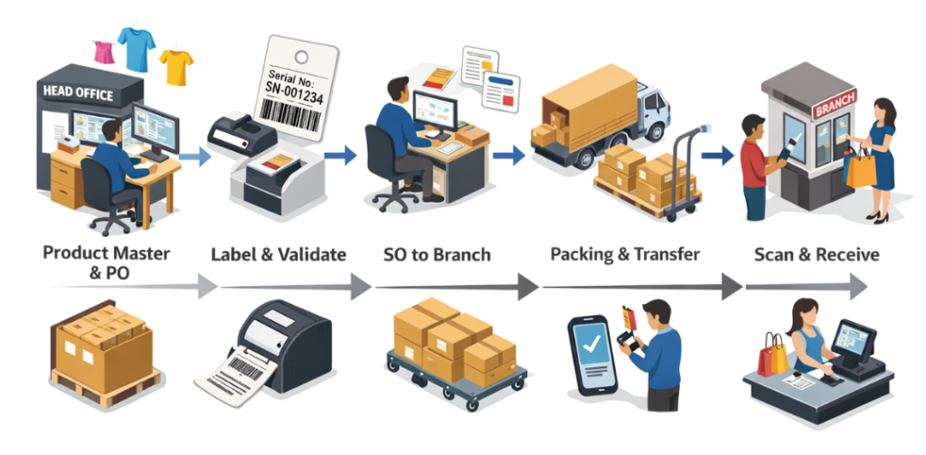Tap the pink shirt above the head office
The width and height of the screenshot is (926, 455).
(104, 51)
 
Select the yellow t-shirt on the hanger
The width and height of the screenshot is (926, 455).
(176, 66)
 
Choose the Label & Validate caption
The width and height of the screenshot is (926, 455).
(278, 254)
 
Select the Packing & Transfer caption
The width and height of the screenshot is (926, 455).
(625, 254)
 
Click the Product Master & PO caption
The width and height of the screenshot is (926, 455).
(108, 262)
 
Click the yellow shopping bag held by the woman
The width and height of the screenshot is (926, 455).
(861, 166)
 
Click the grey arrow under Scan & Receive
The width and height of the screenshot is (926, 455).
(806, 288)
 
